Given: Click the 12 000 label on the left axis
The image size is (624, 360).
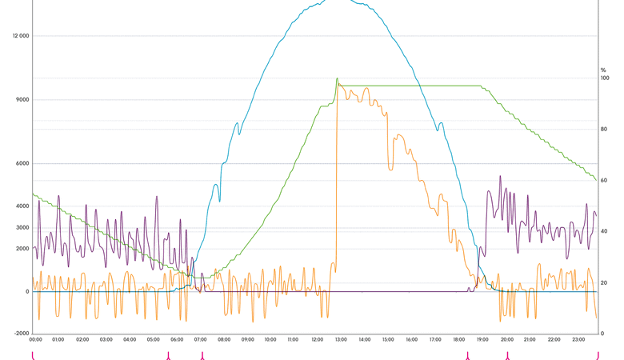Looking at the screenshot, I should (x=19, y=36).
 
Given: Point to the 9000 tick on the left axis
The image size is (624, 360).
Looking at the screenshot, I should (x=22, y=100).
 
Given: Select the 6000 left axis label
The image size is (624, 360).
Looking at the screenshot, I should (x=22, y=164).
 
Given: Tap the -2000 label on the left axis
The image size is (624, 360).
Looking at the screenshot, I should (x=21, y=334).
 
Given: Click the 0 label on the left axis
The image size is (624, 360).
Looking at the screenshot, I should (x=26, y=291).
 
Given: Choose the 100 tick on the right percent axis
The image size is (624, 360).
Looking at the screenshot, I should (x=604, y=78).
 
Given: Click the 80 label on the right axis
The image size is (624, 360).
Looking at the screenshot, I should (x=604, y=130).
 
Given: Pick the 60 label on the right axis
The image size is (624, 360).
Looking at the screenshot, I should (x=604, y=181).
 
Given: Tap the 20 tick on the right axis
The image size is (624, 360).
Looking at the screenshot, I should (x=604, y=283).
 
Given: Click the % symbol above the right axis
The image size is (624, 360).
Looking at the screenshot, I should (x=604, y=70).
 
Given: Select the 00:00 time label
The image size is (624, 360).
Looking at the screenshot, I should (x=36, y=340).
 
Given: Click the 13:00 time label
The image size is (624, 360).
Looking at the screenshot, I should (x=341, y=340).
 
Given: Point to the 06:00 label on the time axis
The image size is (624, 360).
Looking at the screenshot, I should (x=177, y=340).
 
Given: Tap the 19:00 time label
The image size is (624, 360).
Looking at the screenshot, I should (x=482, y=340).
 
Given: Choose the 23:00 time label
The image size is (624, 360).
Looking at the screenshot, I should (x=576, y=340).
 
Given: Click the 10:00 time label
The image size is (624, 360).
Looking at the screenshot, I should (x=270, y=340).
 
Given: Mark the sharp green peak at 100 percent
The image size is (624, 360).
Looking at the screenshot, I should (x=337, y=79).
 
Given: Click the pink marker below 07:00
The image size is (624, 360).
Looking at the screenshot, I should (x=202, y=355).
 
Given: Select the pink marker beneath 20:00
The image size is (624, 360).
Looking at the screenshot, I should (x=506, y=355).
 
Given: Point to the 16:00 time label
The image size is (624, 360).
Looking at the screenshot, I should (x=411, y=340).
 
